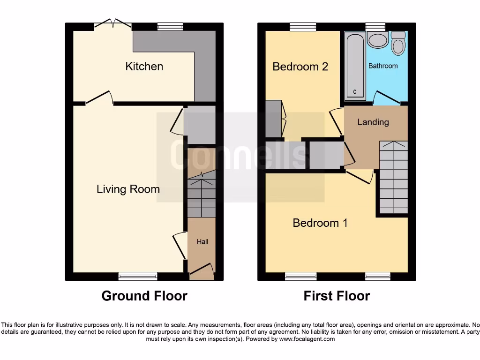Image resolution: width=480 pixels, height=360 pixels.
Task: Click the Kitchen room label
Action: (144, 67)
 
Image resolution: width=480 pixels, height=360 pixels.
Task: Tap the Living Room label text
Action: (128, 189)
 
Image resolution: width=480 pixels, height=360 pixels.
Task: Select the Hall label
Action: (202, 242)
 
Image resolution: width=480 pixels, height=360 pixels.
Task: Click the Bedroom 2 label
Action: (300, 67)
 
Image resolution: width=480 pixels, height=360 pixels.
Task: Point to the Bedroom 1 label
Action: (320, 223)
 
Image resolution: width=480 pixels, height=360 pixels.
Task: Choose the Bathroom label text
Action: (383, 66)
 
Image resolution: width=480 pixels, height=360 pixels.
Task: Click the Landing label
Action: (373, 122)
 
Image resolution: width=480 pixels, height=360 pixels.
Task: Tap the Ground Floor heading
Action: (144, 296)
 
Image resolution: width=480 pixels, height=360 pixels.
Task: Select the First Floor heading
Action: (337, 296)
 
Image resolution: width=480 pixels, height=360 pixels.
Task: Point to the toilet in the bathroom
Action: (398, 44)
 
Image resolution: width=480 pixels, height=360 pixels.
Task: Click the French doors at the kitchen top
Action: (112, 23)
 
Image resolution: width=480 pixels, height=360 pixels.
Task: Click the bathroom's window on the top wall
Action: (375, 27)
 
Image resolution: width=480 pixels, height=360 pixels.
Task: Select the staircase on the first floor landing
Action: (393, 178)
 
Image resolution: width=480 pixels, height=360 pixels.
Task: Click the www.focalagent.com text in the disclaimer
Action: (307, 339)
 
